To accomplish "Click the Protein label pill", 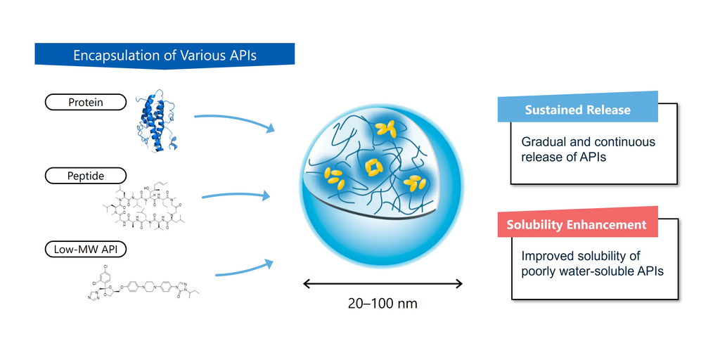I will coord(85,103).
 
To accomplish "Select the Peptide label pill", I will coord(85,175).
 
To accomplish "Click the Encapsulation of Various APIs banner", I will coord(165,56).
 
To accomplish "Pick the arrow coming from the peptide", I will coord(236,195).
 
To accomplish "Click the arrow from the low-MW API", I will coord(243,270).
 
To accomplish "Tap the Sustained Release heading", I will coord(577,110).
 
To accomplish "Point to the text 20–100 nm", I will coord(382,304).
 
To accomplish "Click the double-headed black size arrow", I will coord(382,283).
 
